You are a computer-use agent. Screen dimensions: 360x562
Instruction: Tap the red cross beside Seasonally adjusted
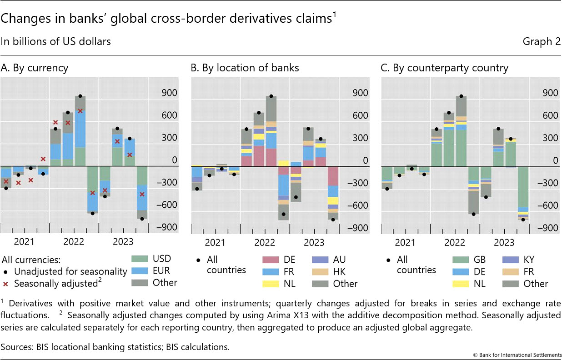click(5, 284)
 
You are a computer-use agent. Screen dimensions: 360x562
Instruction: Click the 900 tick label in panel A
click(169, 93)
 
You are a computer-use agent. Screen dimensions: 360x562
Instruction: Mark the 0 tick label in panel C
click(554, 160)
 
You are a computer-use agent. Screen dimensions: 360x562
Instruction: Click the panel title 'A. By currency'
click(35, 68)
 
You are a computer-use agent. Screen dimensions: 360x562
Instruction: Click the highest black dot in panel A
click(80, 96)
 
